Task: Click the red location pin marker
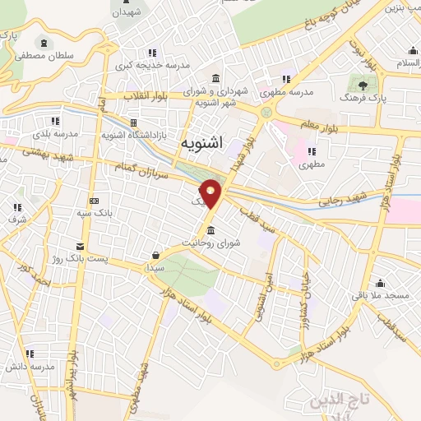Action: pyautogui.click(x=211, y=193)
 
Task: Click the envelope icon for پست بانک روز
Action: pyautogui.click(x=79, y=247)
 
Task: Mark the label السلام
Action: pyautogui.click(x=407, y=64)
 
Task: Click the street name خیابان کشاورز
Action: pyautogui.click(x=304, y=290)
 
